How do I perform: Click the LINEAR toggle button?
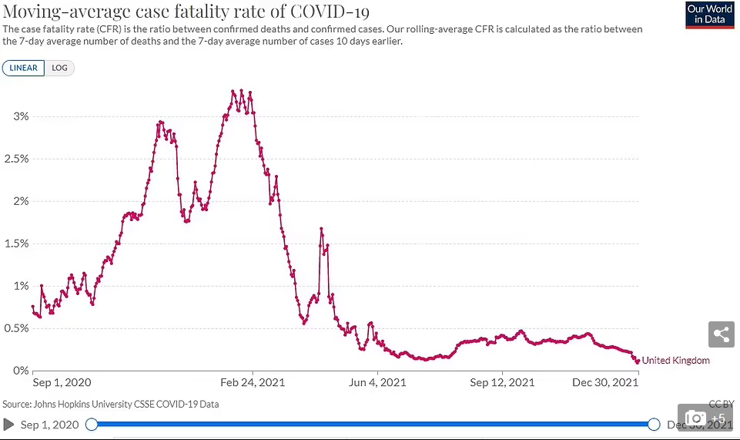tap(23, 68)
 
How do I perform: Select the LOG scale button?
tap(59, 68)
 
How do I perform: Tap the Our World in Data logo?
tap(709, 15)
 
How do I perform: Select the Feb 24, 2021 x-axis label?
tap(253, 382)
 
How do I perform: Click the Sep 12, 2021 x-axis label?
tap(502, 382)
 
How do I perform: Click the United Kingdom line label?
tap(675, 361)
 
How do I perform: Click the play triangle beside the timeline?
tap(9, 425)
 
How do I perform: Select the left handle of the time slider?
tap(92, 424)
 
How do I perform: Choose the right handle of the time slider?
tap(654, 424)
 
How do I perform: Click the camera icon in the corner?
tap(695, 418)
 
